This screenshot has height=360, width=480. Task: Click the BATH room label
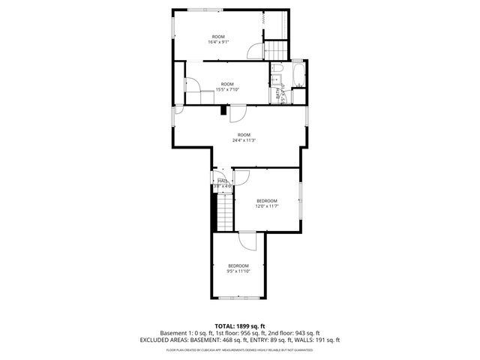coord(279,94)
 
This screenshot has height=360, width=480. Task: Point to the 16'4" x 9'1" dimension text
coord(217,42)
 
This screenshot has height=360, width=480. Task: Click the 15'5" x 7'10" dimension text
coord(226,90)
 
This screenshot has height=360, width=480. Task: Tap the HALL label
coord(222,181)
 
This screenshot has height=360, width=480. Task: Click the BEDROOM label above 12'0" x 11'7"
coord(267,200)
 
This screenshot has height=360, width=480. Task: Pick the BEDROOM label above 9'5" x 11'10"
coord(238,266)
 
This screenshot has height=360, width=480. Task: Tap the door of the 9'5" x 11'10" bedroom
coord(247,241)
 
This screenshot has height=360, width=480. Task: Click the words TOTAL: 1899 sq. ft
coord(239,326)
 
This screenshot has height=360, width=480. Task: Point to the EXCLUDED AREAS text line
coord(239,340)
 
